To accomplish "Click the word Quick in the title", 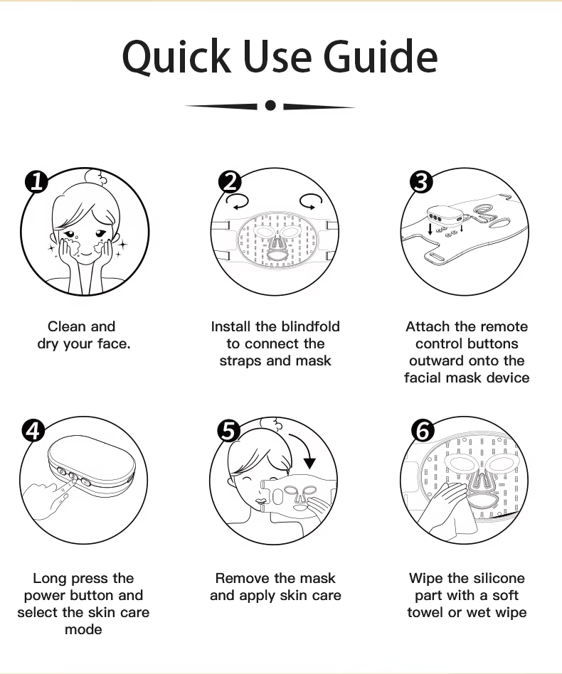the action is coord(176,57).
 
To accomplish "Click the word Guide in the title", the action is coord(381,56).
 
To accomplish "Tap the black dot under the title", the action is coord(270,105).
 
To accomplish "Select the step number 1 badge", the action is coord(36,182).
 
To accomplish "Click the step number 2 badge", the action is coord(230,182).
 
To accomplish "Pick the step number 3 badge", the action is coord(421,182).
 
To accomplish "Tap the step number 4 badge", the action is coord(33,430).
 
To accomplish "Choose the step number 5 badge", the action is coord(228,431).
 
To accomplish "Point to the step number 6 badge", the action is coord(423,431).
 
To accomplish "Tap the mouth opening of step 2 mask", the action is coord(275,255).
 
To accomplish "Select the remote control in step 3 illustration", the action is coord(445,216).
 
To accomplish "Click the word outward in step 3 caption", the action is coord(433,360).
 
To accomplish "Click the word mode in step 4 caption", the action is coord(83,629).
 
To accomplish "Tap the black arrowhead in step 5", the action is coord(309,464).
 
